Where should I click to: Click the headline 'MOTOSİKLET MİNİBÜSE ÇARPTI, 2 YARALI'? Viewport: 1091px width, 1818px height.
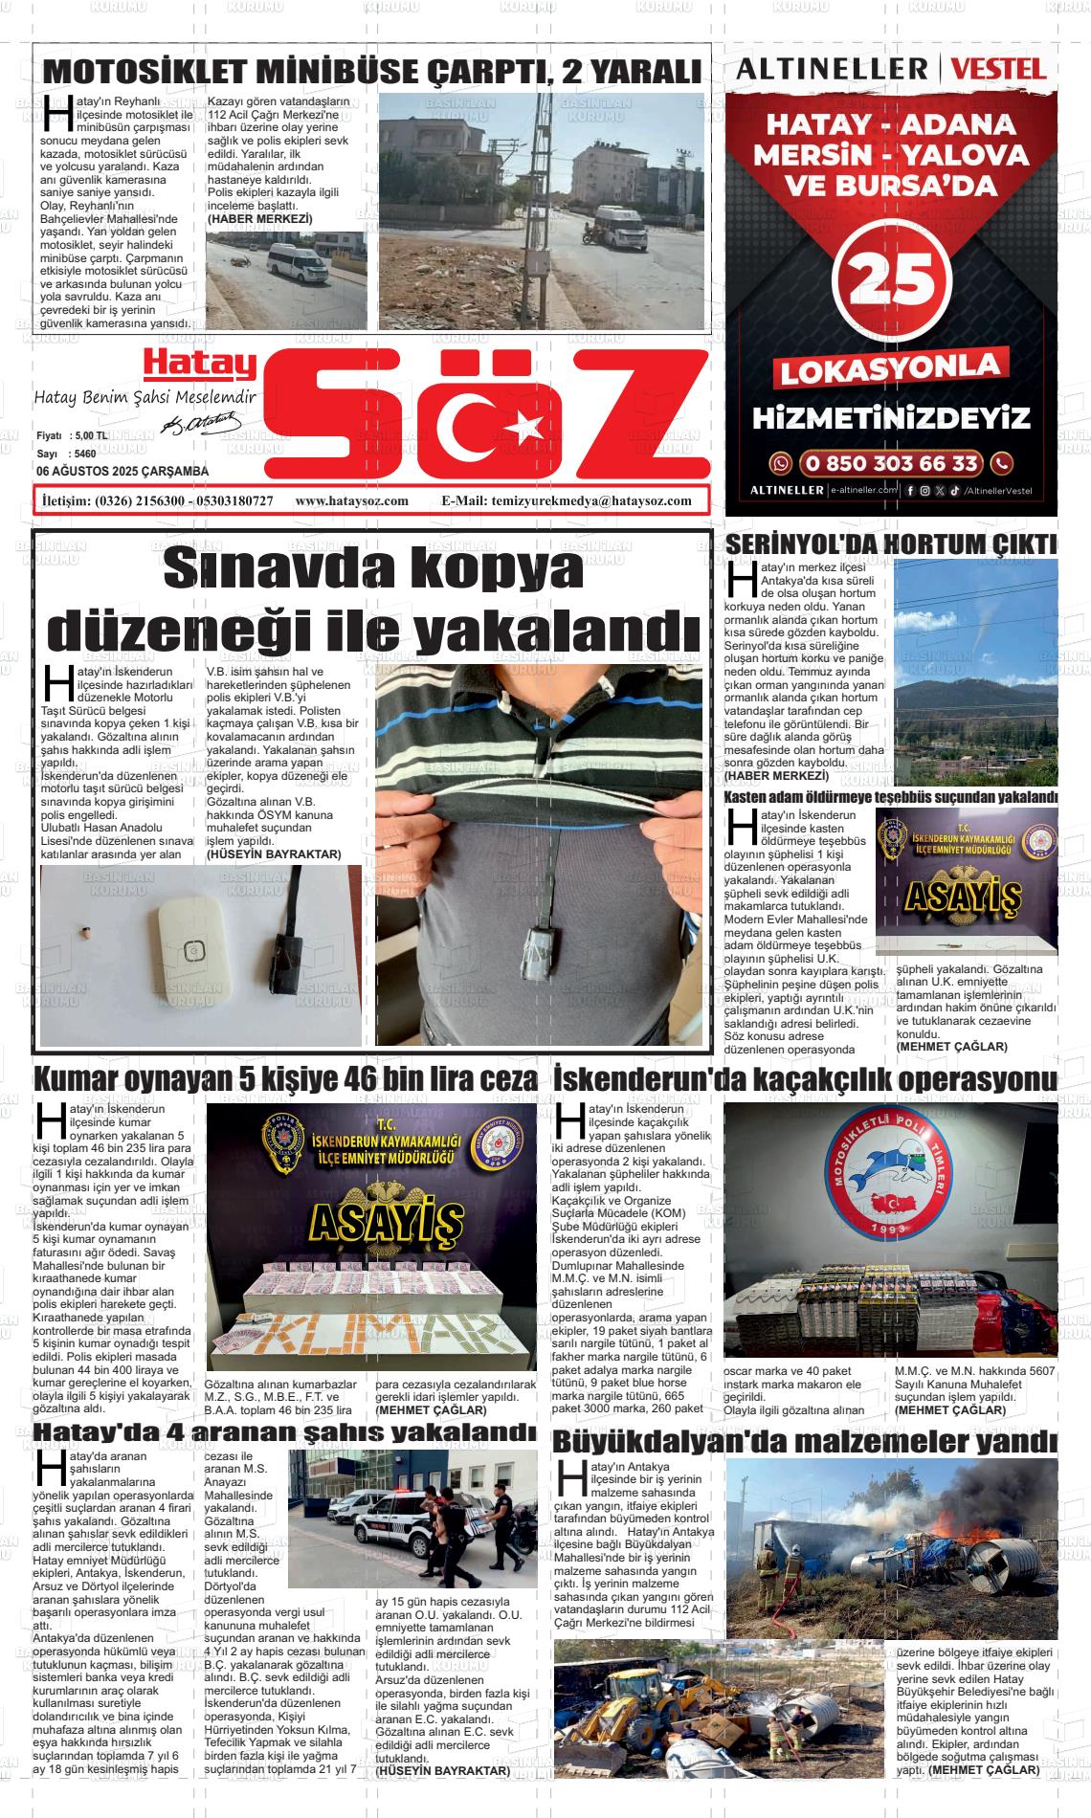(373, 72)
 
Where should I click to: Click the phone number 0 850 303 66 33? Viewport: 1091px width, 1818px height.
(892, 464)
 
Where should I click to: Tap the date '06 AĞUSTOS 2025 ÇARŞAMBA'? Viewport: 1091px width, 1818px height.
(122, 471)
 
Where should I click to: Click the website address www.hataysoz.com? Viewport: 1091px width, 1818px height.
(352, 500)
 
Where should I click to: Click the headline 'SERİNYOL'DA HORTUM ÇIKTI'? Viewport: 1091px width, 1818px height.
(891, 543)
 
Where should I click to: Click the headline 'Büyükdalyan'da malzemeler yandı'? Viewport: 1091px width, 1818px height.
(805, 1440)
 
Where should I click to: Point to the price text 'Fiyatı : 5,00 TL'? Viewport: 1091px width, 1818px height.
(72, 435)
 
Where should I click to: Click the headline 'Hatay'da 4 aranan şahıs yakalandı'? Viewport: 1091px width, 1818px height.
(284, 1431)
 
